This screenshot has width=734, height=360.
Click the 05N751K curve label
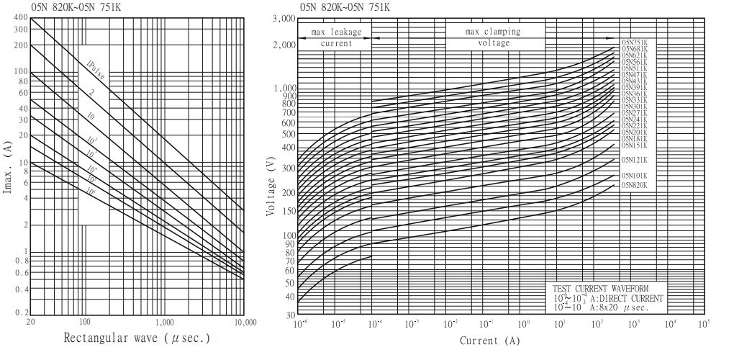pos(635,42)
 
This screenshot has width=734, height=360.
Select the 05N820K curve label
pos(635,185)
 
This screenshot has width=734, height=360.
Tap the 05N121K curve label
pos(635,160)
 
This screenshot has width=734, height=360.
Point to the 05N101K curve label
pos(635,176)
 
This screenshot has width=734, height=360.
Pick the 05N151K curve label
pos(635,145)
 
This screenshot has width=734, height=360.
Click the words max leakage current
pos(336,37)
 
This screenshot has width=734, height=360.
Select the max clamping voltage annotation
pos(493,37)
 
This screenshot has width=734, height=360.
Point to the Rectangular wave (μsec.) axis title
pos(137,338)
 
